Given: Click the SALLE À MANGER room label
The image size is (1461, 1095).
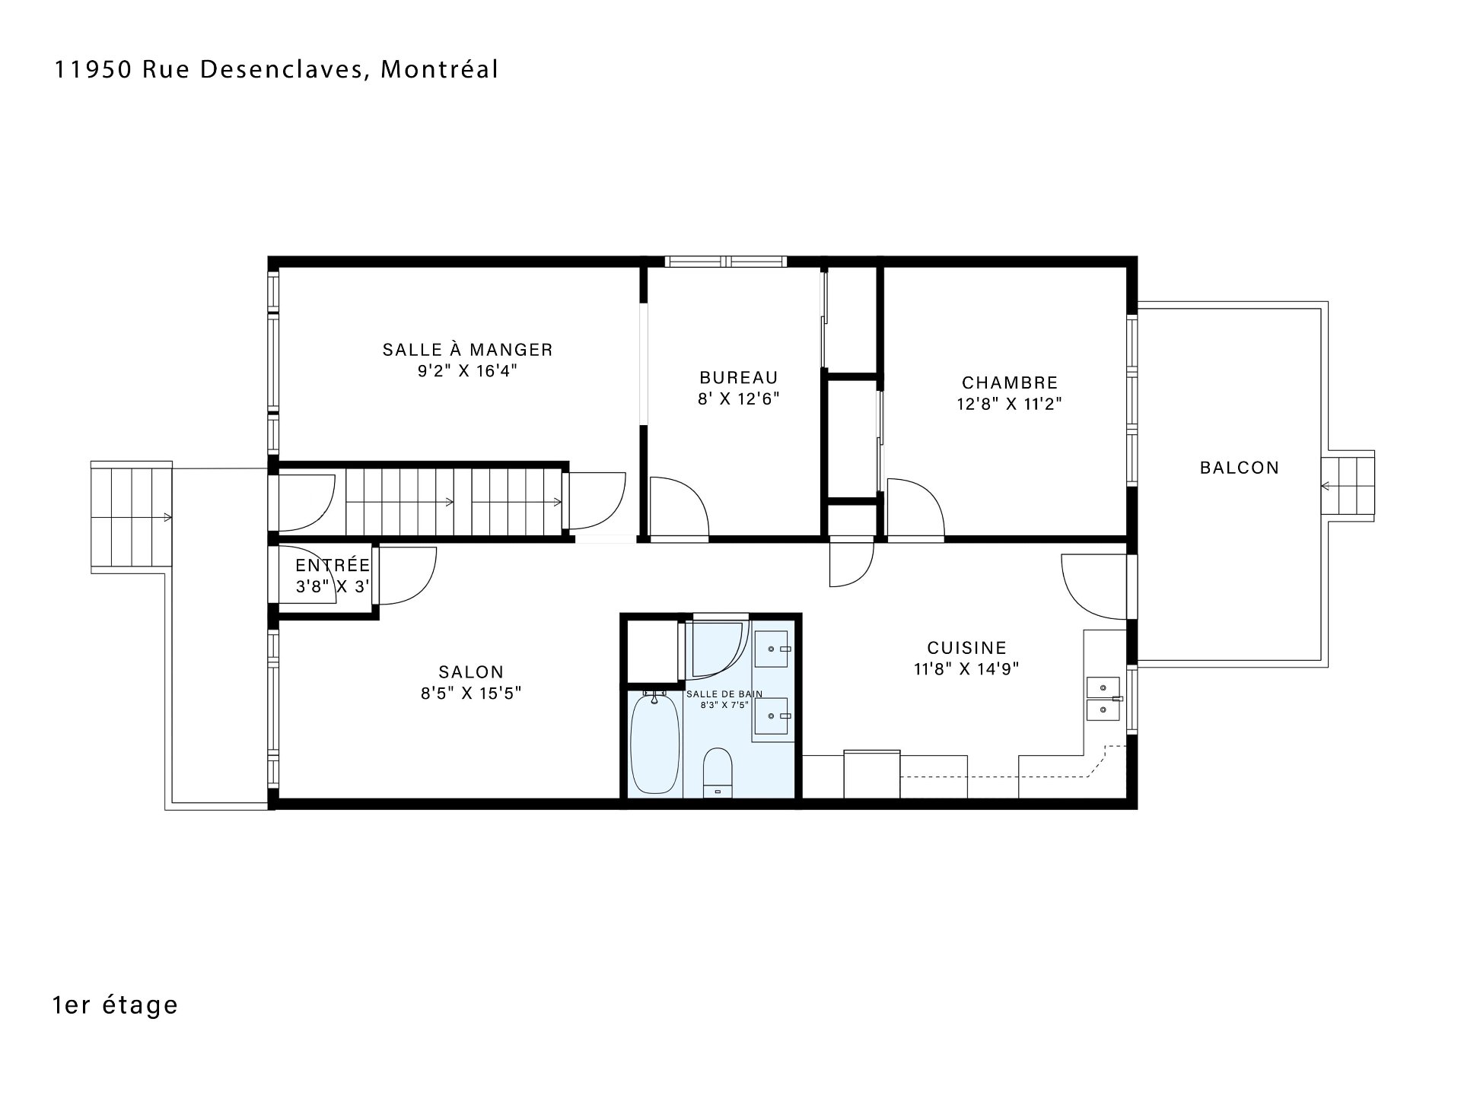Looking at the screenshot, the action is tap(467, 350).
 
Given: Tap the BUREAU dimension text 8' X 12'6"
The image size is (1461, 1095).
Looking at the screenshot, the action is tap(739, 398).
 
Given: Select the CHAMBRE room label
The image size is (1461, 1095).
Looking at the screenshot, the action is tap(1010, 383).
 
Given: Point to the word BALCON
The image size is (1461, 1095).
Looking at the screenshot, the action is tap(1240, 468).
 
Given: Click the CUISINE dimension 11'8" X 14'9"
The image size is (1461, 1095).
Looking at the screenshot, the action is tap(966, 669).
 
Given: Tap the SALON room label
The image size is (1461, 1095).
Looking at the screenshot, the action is tap(471, 672).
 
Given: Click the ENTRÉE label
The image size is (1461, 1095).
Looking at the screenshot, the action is tap(333, 565).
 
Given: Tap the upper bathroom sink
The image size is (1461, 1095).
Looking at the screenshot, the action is tap(773, 649).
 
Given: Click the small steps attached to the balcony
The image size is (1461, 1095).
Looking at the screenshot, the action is tap(1348, 486).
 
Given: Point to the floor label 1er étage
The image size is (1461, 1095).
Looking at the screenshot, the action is tap(116, 1005).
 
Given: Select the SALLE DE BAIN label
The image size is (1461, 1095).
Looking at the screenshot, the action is tap(724, 694).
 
